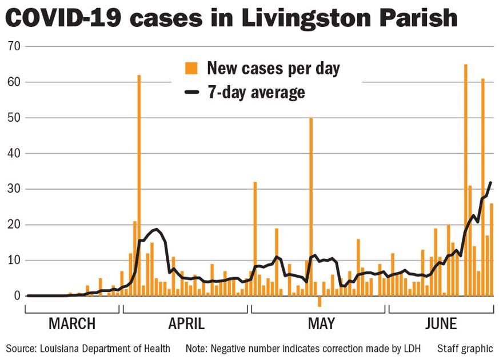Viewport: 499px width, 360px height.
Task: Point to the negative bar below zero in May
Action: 320,301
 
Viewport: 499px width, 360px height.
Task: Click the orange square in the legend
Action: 191,69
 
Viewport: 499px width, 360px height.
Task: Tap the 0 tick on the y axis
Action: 17,296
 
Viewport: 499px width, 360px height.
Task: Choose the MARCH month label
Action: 71,324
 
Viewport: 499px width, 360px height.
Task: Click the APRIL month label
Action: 186,324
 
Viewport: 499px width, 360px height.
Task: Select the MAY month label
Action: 321,324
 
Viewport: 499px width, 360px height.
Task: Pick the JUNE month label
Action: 441,324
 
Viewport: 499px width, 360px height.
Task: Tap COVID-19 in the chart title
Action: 63,18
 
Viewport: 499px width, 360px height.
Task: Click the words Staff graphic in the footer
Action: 465,348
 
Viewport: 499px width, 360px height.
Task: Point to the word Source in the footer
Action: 21,348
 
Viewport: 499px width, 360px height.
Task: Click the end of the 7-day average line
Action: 490,183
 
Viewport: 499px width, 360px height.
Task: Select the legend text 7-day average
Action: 256,92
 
